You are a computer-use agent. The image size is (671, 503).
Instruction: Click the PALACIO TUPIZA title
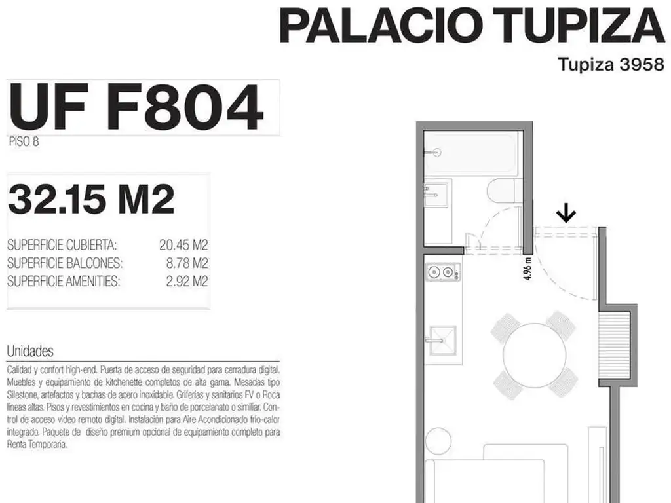tap(472, 25)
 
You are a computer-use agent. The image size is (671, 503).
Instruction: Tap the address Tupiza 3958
tap(611, 65)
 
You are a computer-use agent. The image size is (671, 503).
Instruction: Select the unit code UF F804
tap(136, 107)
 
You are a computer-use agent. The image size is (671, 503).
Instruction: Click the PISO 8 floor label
tap(24, 141)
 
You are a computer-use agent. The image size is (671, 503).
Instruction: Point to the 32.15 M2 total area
tap(91, 199)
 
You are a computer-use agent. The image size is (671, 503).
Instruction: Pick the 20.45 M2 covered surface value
tap(183, 245)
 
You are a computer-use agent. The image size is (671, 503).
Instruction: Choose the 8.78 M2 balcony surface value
tap(187, 263)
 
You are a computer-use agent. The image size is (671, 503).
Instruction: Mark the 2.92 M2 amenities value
tap(187, 281)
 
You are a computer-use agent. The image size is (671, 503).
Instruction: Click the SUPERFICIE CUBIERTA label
tap(62, 245)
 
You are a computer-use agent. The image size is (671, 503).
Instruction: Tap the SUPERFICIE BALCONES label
tap(65, 263)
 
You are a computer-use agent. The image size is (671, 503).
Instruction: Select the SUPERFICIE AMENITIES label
tap(64, 281)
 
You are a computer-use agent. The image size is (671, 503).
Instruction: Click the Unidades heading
tap(30, 351)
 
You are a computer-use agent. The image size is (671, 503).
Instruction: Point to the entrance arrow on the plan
tap(566, 213)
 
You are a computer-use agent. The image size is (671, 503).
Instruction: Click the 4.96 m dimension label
tap(527, 268)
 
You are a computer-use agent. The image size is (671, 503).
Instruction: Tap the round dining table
tap(535, 355)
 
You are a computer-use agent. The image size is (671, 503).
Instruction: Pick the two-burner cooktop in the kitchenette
tap(443, 272)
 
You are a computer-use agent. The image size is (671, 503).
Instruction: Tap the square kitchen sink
tap(442, 340)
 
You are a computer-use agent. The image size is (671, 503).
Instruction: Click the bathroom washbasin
tap(436, 195)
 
